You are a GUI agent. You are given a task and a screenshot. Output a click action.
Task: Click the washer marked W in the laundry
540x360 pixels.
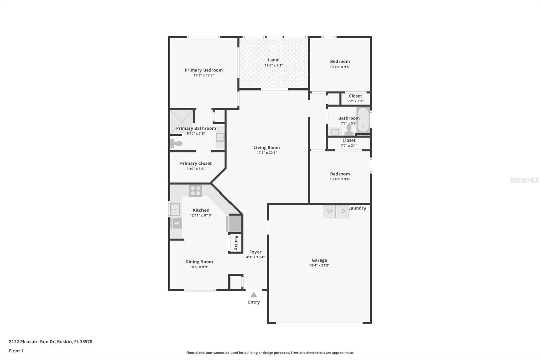(x=329, y=212)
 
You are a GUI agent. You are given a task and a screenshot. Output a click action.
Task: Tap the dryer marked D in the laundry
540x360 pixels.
(x=343, y=212)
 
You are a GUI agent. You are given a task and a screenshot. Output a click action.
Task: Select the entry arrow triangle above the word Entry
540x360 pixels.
(x=253, y=295)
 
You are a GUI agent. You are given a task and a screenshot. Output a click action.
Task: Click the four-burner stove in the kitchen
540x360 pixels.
(x=195, y=190)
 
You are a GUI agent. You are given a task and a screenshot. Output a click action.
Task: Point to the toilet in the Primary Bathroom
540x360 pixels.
(x=176, y=143)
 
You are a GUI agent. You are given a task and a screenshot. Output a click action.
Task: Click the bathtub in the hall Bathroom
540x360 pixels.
(x=363, y=120)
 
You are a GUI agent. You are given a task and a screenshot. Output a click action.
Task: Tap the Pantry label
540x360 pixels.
(x=236, y=243)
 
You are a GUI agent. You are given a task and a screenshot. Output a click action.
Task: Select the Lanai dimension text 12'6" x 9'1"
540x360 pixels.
(x=274, y=65)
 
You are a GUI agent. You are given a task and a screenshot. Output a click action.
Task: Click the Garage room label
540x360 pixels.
(x=319, y=260)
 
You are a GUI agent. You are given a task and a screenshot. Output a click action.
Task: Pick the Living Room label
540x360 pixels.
(x=267, y=148)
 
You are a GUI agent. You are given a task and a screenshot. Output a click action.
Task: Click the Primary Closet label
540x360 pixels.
(x=196, y=163)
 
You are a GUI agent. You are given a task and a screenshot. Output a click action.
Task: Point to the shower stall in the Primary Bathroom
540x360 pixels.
(x=182, y=122)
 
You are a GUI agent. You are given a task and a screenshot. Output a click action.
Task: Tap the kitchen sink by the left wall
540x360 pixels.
(x=175, y=209)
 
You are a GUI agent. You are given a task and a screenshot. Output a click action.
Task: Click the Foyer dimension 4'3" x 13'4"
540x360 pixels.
(x=255, y=257)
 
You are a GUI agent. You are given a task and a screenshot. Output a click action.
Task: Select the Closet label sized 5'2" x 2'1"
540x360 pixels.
(x=355, y=96)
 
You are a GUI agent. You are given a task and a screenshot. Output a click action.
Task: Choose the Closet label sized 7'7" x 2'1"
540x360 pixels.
(x=349, y=140)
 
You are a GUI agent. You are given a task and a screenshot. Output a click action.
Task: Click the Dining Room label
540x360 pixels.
(x=199, y=262)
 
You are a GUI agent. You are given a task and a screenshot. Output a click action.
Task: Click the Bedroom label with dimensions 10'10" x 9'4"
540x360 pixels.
(x=340, y=174)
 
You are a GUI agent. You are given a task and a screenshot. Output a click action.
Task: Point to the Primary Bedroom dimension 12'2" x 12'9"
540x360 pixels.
(x=204, y=75)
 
